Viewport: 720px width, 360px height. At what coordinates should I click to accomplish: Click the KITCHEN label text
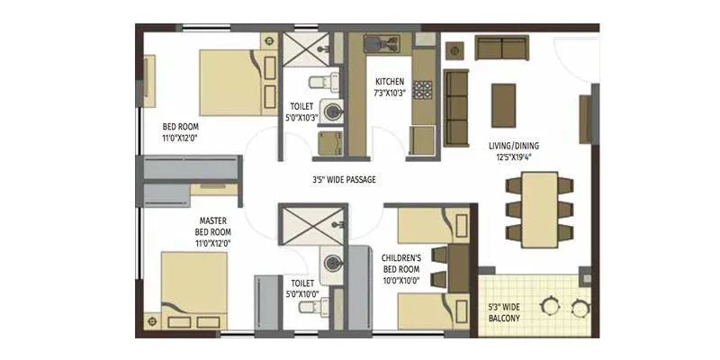(x=389, y=81)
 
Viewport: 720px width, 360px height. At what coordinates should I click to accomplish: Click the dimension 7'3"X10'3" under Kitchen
(x=390, y=93)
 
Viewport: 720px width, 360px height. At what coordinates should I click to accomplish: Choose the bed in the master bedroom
(x=194, y=289)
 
